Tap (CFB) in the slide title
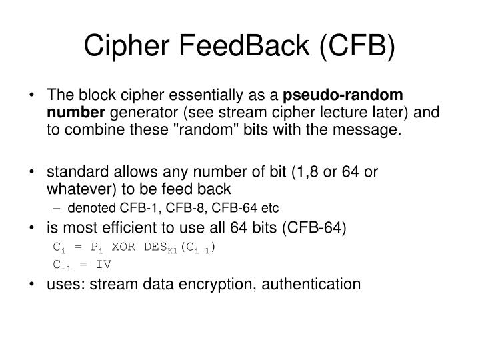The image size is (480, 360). coord(353,47)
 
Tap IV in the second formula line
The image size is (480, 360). coord(103,264)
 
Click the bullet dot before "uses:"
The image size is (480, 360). coord(33,284)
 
